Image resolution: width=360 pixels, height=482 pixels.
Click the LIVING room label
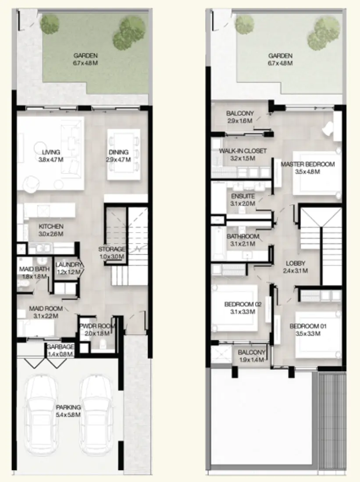tap(51, 152)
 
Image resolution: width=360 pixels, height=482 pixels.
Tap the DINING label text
tap(119, 152)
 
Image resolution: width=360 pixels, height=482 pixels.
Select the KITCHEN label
tap(51, 227)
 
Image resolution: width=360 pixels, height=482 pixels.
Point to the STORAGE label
tap(111, 249)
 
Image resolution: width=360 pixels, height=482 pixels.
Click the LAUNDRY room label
tap(68, 265)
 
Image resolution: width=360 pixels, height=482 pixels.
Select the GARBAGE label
tap(61, 347)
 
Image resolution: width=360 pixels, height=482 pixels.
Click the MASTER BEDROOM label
tap(308, 164)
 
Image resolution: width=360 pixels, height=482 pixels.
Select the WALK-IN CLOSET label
tap(242, 151)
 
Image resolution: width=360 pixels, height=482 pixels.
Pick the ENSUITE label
tap(242, 196)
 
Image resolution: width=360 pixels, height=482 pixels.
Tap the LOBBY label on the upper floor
tap(296, 263)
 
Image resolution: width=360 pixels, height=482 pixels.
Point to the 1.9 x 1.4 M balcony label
tap(252, 360)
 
